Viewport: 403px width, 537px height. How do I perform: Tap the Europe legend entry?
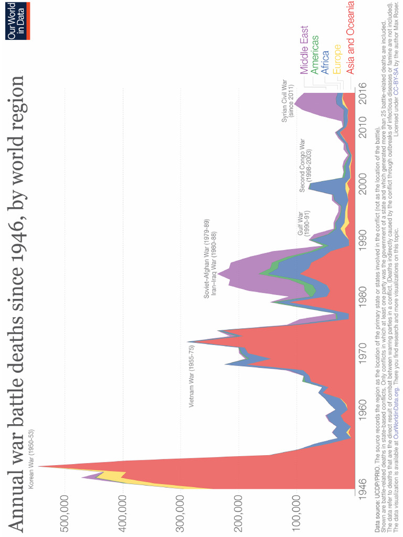pyautogui.click(x=337, y=58)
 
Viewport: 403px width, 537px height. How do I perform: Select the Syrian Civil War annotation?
pyautogui.click(x=288, y=101)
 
